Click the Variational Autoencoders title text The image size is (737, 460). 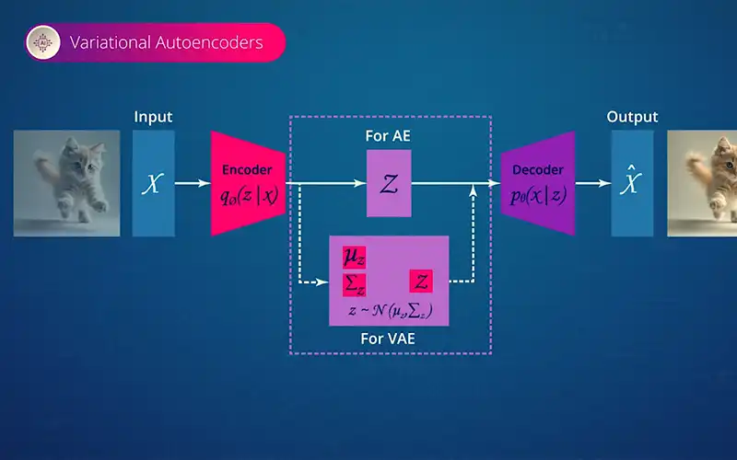pyautogui.click(x=167, y=42)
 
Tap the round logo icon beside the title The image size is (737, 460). pyautogui.click(x=43, y=42)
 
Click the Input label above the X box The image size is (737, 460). pyautogui.click(x=153, y=117)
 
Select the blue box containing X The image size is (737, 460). pyautogui.click(x=154, y=183)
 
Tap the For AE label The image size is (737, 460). pyautogui.click(x=390, y=136)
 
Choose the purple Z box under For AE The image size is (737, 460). pyautogui.click(x=389, y=184)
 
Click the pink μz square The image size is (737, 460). pyautogui.click(x=354, y=257)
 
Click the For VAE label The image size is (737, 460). pyautogui.click(x=388, y=339)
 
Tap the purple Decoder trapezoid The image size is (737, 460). pyautogui.click(x=537, y=183)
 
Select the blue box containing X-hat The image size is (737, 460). pyautogui.click(x=632, y=183)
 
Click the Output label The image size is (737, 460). pyautogui.click(x=632, y=117)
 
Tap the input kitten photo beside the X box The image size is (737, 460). pyautogui.click(x=66, y=183)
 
